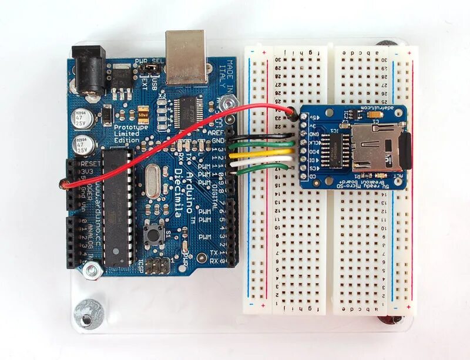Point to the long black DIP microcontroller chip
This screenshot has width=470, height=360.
(117, 206)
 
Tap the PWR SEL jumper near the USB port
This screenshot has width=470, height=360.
(151, 70)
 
